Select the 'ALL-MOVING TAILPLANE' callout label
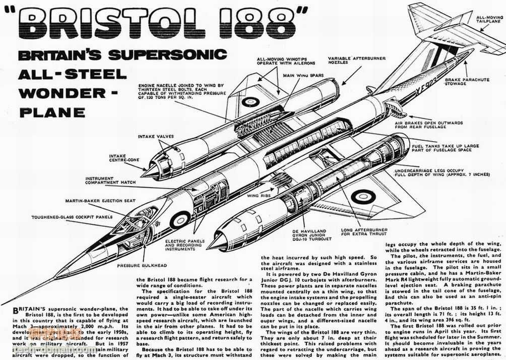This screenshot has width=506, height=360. click(x=489, y=20)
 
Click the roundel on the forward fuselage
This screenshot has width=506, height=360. click(x=180, y=219)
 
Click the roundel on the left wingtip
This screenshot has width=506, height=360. click(x=250, y=101)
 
